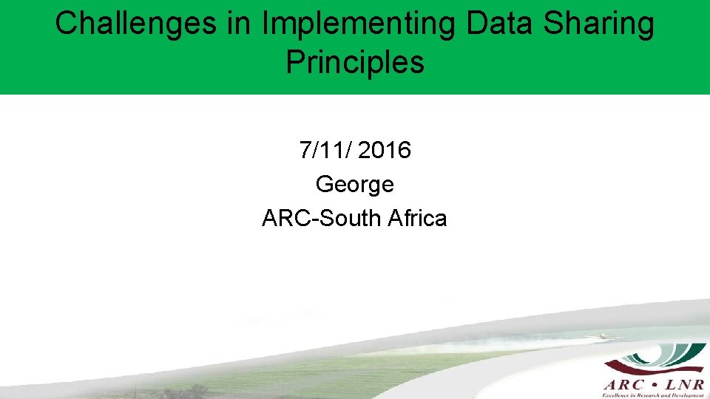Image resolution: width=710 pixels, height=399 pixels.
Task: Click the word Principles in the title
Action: tap(355, 63)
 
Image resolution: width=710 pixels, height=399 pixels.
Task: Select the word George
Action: tap(355, 183)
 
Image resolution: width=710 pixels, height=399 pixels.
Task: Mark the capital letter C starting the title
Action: tap(65, 24)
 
